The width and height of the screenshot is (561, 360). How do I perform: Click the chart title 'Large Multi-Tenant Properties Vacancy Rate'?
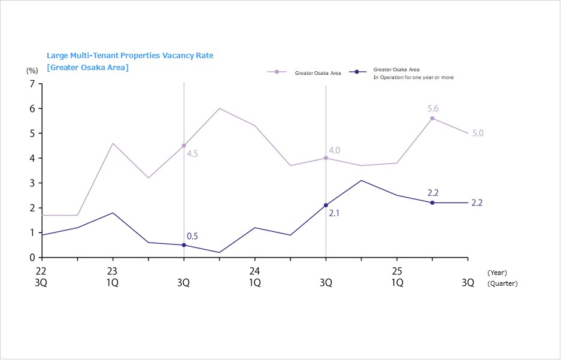[x=130, y=56]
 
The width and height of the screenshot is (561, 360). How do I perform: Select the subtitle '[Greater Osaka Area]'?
[x=88, y=67]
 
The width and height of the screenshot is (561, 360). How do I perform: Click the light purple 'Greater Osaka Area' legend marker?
[x=277, y=72]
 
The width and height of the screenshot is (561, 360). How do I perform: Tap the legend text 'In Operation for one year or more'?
[x=413, y=77]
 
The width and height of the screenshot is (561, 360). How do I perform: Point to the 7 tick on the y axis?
[x=31, y=84]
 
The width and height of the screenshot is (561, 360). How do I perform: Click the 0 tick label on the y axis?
[x=31, y=258]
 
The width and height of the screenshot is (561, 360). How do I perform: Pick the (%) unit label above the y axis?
[x=32, y=71]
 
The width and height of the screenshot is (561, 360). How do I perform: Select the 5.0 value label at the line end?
[x=478, y=134]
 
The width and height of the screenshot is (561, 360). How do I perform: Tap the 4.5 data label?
[x=192, y=154]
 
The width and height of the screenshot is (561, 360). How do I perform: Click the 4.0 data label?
[x=334, y=150]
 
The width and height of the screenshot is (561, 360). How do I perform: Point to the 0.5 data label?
[x=192, y=237]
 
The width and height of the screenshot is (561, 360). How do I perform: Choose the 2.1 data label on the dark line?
[x=334, y=213]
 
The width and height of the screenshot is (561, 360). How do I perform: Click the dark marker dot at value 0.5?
[x=184, y=245]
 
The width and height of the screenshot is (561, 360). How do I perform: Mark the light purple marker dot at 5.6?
[x=432, y=119]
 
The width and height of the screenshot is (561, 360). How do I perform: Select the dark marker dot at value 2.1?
[x=326, y=205]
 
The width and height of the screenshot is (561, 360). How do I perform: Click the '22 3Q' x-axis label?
[x=41, y=277]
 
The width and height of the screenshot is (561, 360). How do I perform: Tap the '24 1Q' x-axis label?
[x=254, y=277]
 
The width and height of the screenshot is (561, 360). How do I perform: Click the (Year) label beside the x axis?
[x=497, y=273]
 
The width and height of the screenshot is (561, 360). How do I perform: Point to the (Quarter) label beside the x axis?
[x=502, y=284]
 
